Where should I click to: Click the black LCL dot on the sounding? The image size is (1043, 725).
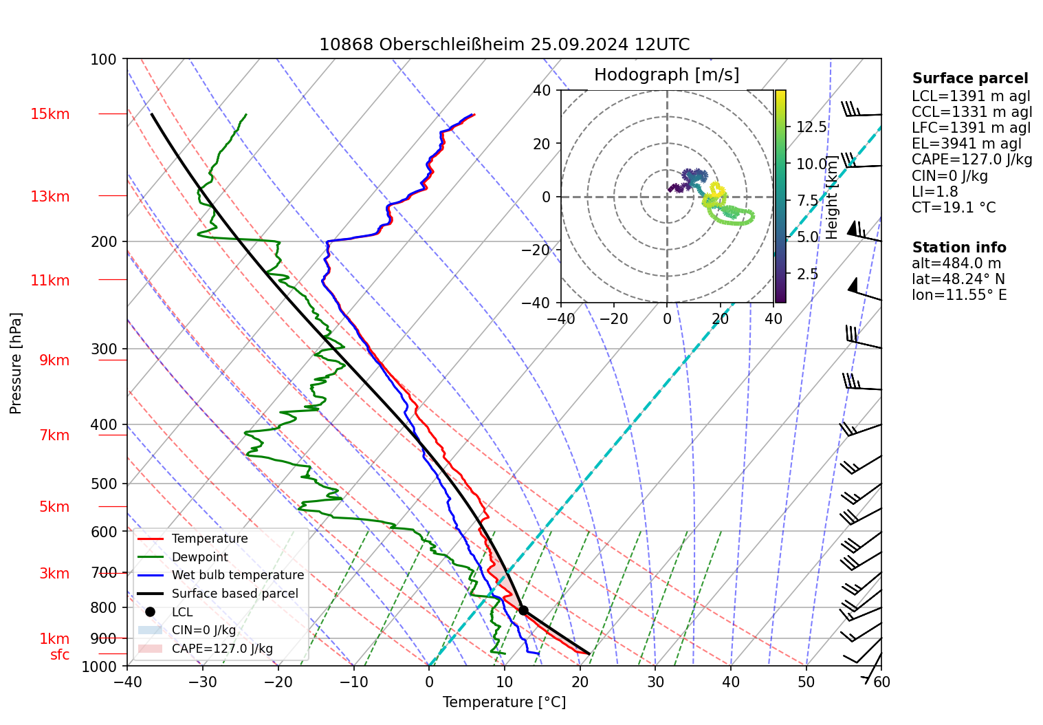pyautogui.click(x=523, y=610)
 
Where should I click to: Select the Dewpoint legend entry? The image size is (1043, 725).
pyautogui.click(x=199, y=557)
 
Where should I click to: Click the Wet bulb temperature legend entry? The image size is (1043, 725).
pyautogui.click(x=237, y=575)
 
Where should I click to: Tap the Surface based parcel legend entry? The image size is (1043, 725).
pyautogui.click(x=234, y=594)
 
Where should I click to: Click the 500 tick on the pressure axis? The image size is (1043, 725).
pyautogui.click(x=104, y=484)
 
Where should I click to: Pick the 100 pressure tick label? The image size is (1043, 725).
pyautogui.click(x=104, y=60)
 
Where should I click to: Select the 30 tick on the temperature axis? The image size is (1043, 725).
pyautogui.click(x=655, y=682)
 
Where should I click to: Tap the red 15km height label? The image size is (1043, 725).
pyautogui.click(x=50, y=114)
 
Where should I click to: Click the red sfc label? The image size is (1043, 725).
pyautogui.click(x=60, y=655)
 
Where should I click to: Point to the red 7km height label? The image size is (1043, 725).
pyautogui.click(x=54, y=435)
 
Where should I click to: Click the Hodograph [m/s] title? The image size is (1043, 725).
pyautogui.click(x=666, y=75)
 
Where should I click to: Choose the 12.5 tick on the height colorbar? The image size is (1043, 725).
pyautogui.click(x=811, y=127)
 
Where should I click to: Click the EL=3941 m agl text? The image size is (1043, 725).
pyautogui.click(x=967, y=144)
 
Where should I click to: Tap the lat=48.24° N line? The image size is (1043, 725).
pyautogui.click(x=958, y=279)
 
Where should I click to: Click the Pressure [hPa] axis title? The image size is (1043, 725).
pyautogui.click(x=16, y=363)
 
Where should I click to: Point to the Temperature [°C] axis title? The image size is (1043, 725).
pyautogui.click(x=504, y=702)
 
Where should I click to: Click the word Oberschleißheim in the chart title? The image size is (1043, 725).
pyautogui.click(x=452, y=45)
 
